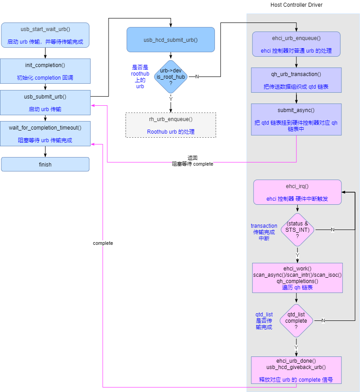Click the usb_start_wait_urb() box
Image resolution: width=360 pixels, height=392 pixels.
pos(45,35)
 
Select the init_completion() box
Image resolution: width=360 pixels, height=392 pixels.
pos(45,71)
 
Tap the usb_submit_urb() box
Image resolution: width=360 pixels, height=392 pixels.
pos(45,103)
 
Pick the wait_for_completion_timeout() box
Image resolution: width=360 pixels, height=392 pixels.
pos(45,133)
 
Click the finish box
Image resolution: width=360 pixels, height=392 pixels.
pos(45,164)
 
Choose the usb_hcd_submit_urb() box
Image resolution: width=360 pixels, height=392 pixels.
pos(170,40)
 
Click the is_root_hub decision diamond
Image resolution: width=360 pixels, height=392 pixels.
pos(171,77)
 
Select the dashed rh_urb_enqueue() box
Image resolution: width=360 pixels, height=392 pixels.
pos(170,125)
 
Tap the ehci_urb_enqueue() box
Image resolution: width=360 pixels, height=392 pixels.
pos(296,44)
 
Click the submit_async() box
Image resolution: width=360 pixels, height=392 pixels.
pos(296,119)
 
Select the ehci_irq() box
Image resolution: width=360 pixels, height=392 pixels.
pos(297,192)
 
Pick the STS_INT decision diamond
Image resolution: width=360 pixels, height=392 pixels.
pos(297,230)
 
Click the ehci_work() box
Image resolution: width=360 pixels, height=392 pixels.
pos(297,278)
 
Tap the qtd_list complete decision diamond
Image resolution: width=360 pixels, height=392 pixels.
pos(296,320)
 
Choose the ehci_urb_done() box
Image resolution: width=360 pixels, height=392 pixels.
pos(296,370)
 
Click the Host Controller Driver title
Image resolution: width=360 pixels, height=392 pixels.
pos(296,5)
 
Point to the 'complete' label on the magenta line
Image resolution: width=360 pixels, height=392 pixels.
pos(103,243)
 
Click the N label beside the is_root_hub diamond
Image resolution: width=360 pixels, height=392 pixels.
pos(197,77)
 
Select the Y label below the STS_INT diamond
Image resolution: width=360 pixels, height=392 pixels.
pos(297,255)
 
